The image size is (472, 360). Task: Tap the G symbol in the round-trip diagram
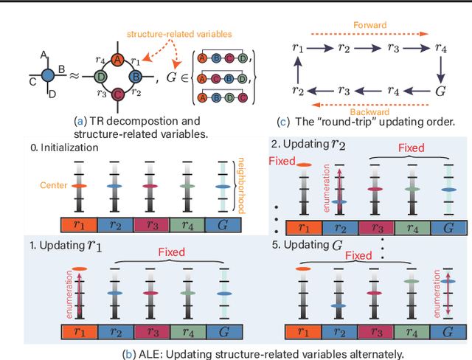440,91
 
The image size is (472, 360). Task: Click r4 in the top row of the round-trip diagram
440,49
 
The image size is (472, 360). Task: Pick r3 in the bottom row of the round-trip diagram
344,91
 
